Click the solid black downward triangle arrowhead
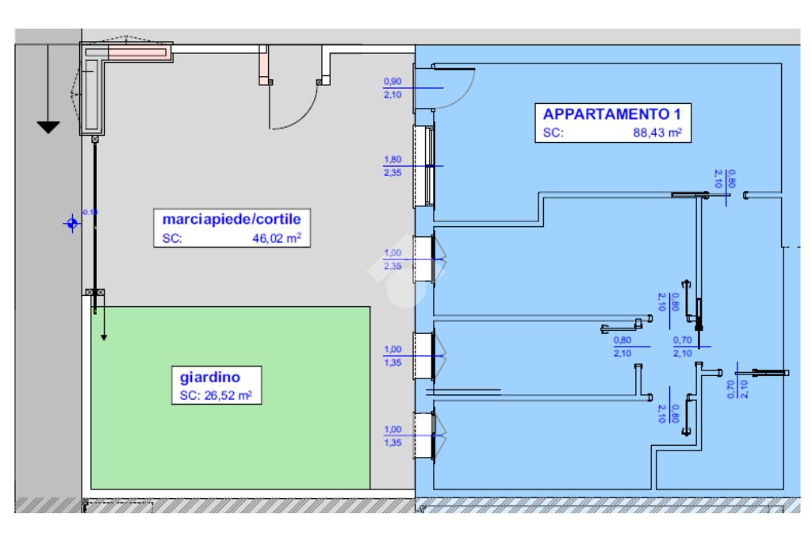pos(48,127)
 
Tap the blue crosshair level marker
pos(71,223)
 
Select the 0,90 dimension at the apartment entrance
pos(392,81)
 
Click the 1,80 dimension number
pos(392,160)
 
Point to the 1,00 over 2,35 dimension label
pos(393,259)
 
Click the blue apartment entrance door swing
pos(456,87)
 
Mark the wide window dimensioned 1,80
pos(428,165)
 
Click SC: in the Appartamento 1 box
pos(553,133)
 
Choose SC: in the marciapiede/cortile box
pos(172,238)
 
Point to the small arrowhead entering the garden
pos(103,336)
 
